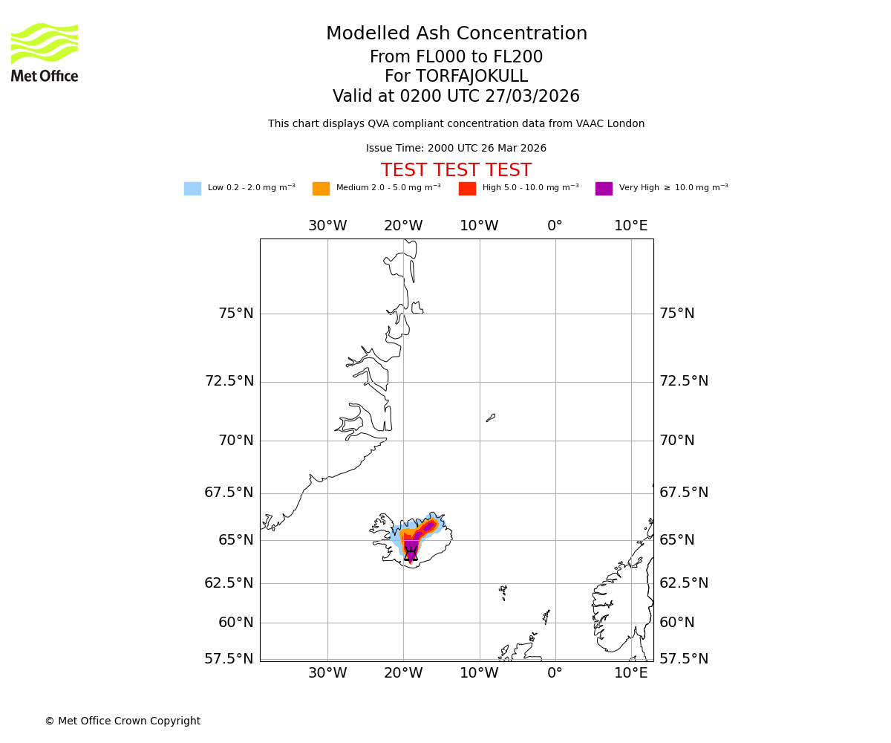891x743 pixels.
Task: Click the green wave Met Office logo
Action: click(45, 44)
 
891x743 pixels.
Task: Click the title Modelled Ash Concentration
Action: click(457, 34)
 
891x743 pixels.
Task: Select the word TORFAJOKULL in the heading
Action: click(471, 77)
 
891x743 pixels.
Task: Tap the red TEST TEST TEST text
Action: click(456, 171)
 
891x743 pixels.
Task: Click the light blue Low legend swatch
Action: click(192, 189)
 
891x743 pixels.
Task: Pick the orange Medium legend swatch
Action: click(321, 189)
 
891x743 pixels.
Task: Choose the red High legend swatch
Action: click(467, 189)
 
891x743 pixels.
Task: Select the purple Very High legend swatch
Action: click(604, 189)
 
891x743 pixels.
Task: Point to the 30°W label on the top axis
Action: click(327, 226)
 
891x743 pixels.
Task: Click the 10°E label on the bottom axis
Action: click(631, 673)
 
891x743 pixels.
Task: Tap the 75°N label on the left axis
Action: click(236, 314)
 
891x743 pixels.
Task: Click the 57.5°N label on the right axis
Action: click(684, 659)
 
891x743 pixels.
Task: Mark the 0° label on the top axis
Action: click(555, 226)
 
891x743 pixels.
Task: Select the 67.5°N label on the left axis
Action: click(229, 493)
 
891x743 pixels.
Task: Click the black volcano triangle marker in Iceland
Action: click(411, 554)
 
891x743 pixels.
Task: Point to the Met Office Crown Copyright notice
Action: click(123, 721)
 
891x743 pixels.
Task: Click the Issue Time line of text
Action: click(456, 149)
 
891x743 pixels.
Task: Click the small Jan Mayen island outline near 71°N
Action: click(491, 418)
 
